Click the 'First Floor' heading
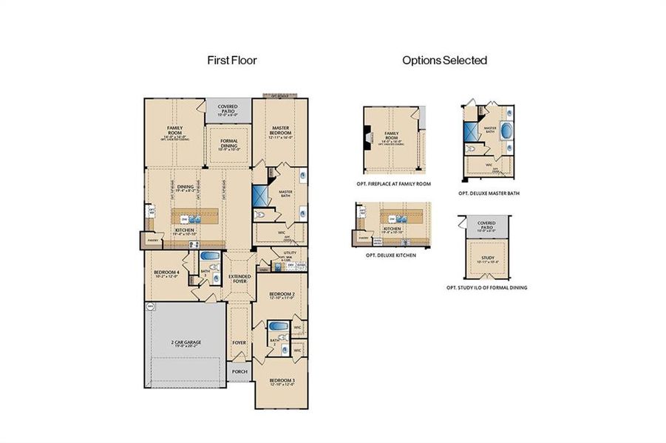231,61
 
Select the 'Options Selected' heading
444,61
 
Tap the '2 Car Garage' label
186,344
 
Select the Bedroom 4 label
166,274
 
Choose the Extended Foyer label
239,278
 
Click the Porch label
239,372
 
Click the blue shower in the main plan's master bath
261,195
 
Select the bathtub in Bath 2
277,326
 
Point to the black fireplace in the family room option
367,137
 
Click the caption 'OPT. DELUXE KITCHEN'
390,255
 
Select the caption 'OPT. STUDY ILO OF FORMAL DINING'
486,287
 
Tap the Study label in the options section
486,258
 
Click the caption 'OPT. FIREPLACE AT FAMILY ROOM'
395,182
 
